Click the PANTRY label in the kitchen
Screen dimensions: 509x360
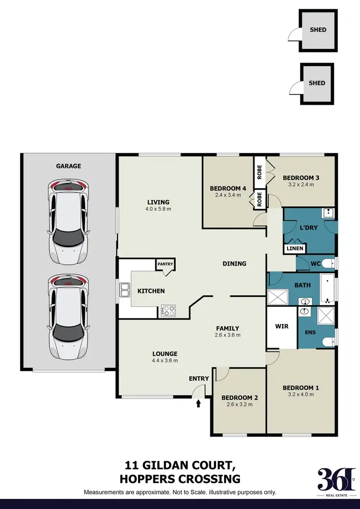pyautogui.click(x=165, y=264)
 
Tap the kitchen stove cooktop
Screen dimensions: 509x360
pyautogui.click(x=168, y=310)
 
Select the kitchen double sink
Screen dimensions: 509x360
pyautogui.click(x=124, y=291)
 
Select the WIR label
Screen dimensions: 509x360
pyautogui.click(x=282, y=327)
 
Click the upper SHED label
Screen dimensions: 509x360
pyautogui.click(x=318, y=30)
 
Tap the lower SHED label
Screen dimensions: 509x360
pyautogui.click(x=317, y=83)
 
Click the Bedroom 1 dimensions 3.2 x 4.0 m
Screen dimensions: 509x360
pyautogui.click(x=300, y=395)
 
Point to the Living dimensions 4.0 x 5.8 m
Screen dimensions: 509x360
pyautogui.click(x=158, y=209)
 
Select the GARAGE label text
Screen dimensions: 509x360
pyautogui.click(x=68, y=166)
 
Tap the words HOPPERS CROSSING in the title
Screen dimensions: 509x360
pyautogui.click(x=180, y=479)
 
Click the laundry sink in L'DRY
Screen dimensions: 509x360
pyautogui.click(x=328, y=213)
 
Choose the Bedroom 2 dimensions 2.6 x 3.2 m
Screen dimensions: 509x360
pyautogui.click(x=240, y=404)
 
